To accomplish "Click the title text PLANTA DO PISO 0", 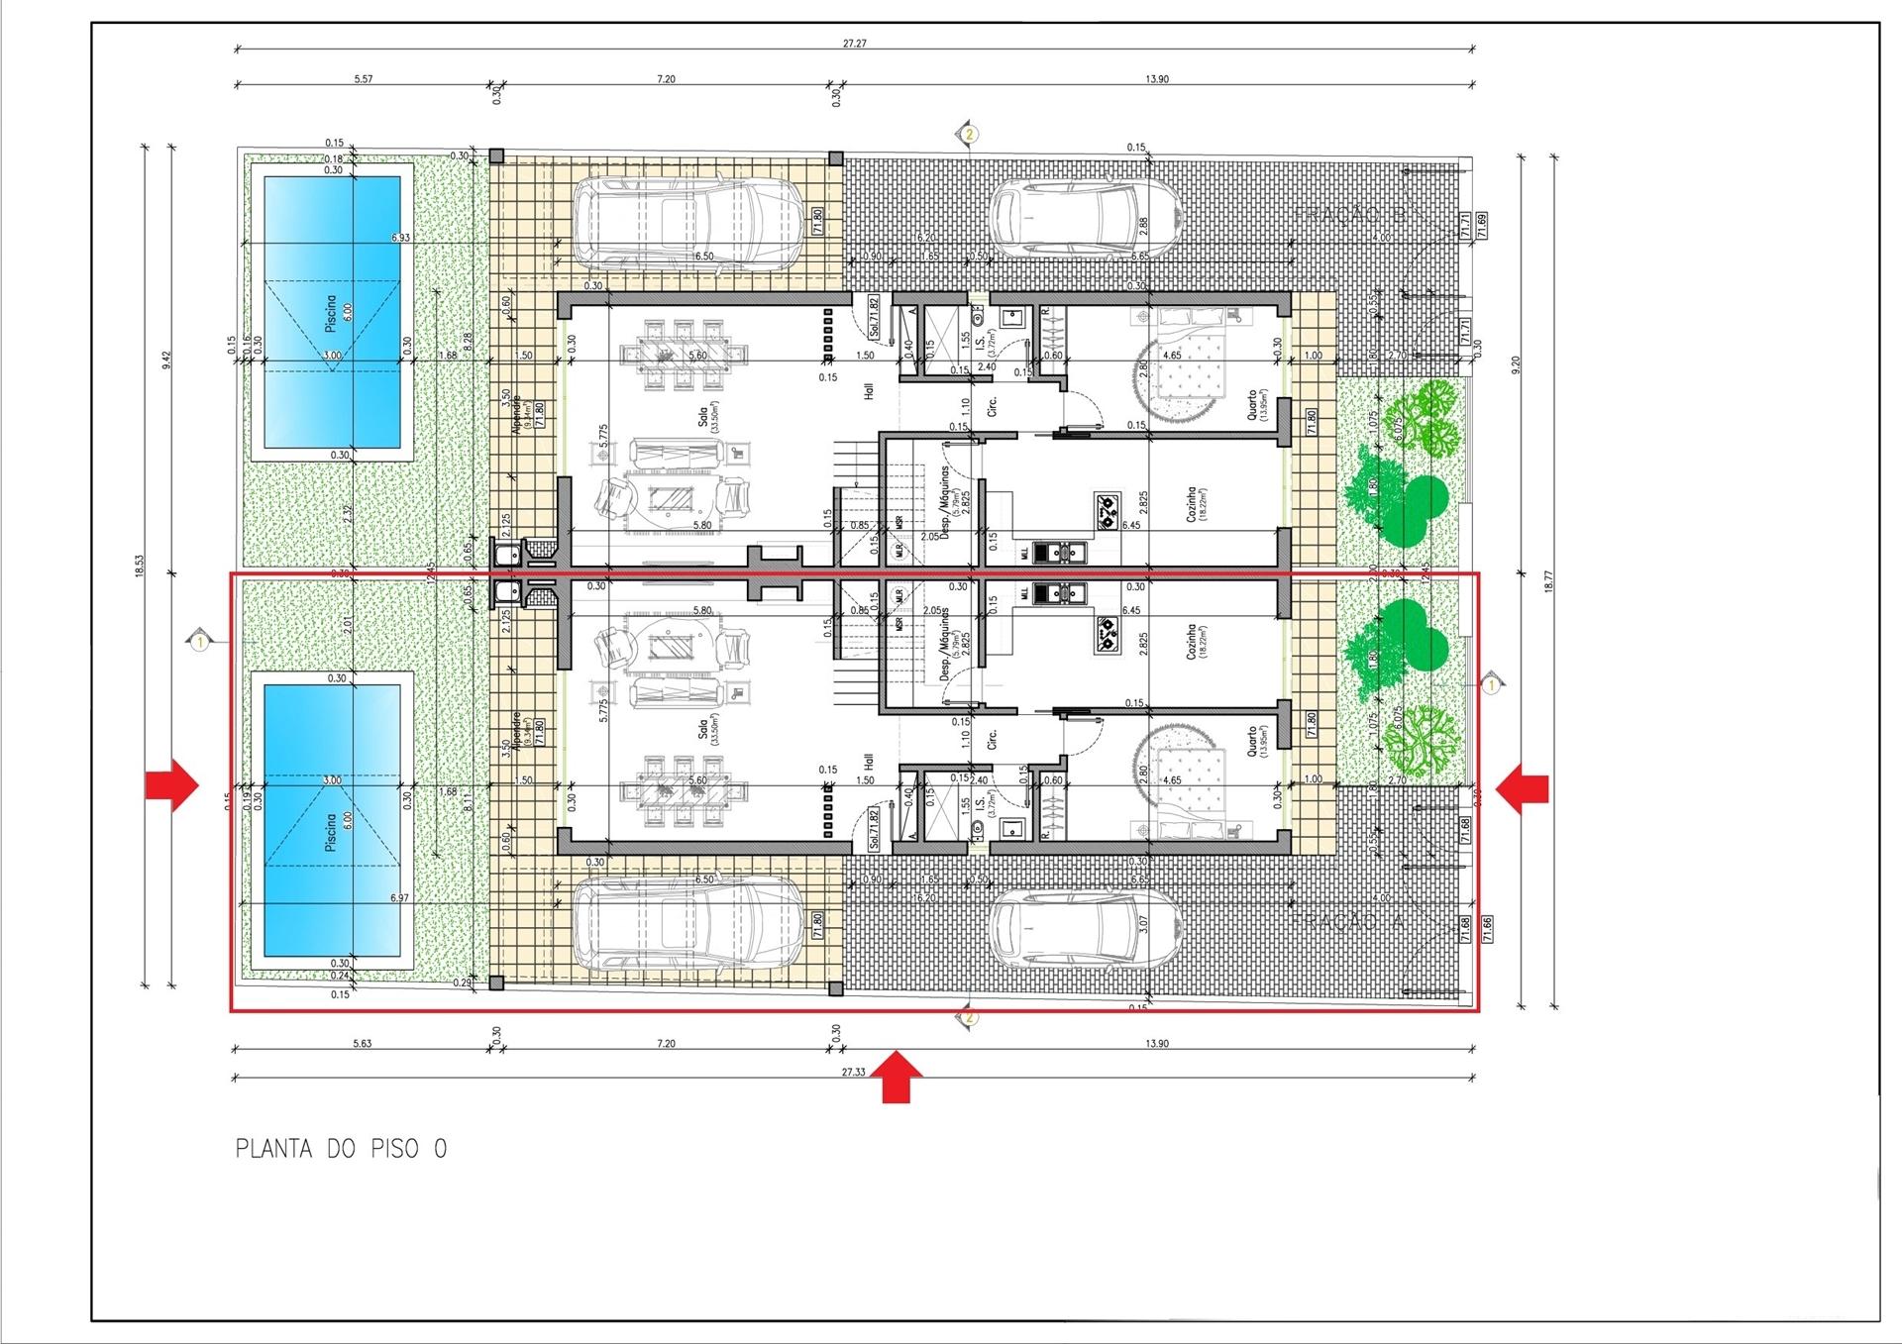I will pos(341,1149).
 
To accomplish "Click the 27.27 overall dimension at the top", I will pos(854,44).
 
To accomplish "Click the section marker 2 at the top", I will pos(970,133).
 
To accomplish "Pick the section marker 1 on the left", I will pos(200,643).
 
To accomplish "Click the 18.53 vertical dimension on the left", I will pos(140,566).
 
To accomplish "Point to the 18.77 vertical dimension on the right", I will pos(1547,580).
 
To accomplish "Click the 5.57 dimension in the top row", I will pos(363,79).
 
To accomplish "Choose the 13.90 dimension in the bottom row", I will pos(1156,1044).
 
